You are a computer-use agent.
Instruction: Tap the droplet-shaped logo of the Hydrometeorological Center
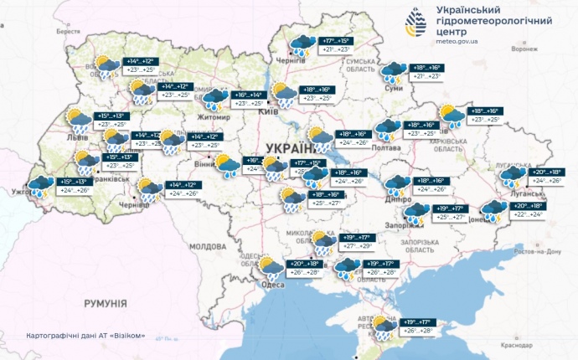(416, 23)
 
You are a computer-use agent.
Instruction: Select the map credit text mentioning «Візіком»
(86, 336)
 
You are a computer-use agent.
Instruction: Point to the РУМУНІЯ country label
(104, 302)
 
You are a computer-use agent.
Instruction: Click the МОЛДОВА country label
(208, 247)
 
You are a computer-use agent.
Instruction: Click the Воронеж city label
(525, 49)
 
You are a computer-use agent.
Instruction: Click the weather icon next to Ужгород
(40, 188)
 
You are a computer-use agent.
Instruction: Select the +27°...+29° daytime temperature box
(355, 246)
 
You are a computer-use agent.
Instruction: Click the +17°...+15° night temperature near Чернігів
(333, 41)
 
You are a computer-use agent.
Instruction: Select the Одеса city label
(271, 285)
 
